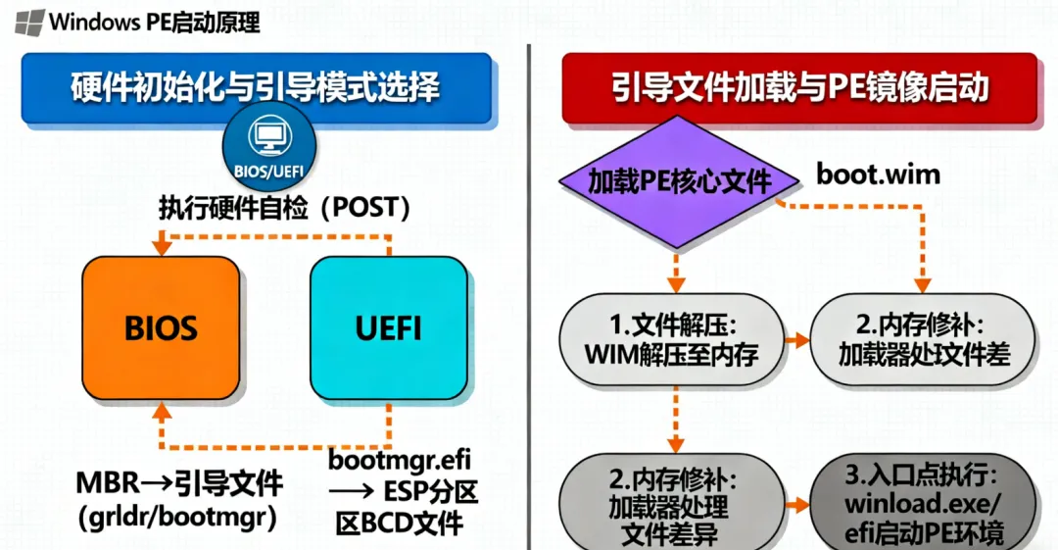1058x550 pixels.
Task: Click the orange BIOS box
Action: [161, 327]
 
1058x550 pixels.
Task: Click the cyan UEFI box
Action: [388, 327]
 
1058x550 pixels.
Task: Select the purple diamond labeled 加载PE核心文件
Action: [678, 180]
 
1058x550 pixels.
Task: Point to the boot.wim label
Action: [879, 175]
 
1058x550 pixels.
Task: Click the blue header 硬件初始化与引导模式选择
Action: [256, 88]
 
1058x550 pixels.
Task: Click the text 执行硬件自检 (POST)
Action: [284, 209]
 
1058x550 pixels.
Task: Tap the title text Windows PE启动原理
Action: [155, 20]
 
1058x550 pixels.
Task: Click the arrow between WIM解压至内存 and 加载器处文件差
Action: [796, 340]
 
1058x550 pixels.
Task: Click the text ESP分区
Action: [430, 491]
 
